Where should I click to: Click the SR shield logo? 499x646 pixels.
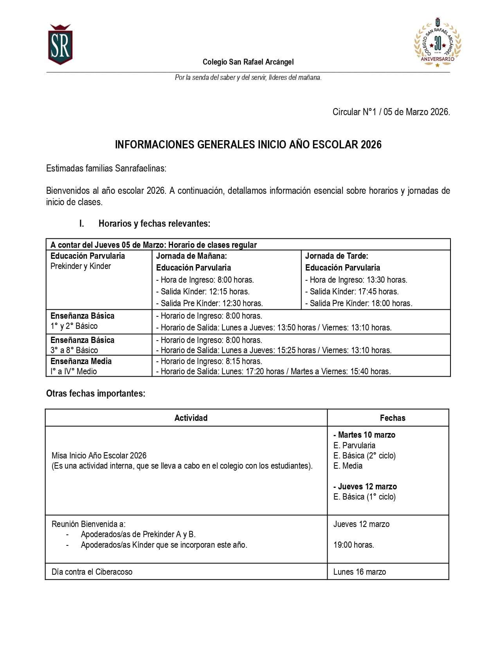pos(60,44)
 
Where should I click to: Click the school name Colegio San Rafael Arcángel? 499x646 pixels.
pos(248,62)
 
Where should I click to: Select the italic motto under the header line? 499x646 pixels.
pos(248,78)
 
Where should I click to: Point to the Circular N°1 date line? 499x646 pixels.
pos(391,112)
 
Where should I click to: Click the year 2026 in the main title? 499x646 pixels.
pos(371,145)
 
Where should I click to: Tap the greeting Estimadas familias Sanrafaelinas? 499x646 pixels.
pos(106,168)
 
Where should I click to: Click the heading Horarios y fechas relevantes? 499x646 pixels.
pos(154,224)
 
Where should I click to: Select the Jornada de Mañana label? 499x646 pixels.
pos(191,256)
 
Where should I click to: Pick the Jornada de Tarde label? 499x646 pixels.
pos(337,256)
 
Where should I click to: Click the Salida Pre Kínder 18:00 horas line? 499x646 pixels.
pos(358,303)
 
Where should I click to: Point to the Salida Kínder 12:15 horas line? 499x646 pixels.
pos(203,292)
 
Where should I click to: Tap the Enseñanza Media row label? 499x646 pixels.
pos(81,361)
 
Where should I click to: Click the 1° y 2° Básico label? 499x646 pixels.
pos(74,326)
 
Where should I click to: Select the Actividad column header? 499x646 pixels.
pos(191,418)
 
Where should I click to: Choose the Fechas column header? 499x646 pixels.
pos(393,418)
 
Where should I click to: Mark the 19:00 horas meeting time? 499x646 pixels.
pos(353,545)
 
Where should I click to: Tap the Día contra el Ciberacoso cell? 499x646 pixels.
pos(92,572)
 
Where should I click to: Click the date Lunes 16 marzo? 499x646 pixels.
pos(359,572)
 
